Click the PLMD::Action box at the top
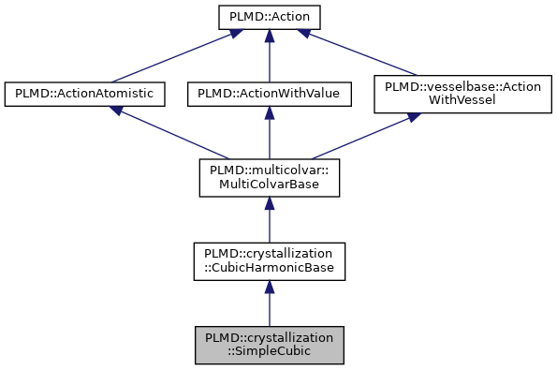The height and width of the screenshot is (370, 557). [269, 17]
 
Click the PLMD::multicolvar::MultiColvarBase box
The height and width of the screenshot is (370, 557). [269, 177]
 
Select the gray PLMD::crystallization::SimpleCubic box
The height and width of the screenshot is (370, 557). [269, 345]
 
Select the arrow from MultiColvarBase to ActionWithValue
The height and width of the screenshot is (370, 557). [269, 133]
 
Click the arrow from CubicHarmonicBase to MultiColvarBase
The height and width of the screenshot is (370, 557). [269, 219]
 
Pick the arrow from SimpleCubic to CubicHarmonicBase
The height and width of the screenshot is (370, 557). [269, 303]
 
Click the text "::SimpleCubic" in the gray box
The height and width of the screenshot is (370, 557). [269, 352]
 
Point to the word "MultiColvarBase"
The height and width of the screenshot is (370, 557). [269, 185]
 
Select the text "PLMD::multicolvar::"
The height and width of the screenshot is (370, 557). [269, 170]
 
